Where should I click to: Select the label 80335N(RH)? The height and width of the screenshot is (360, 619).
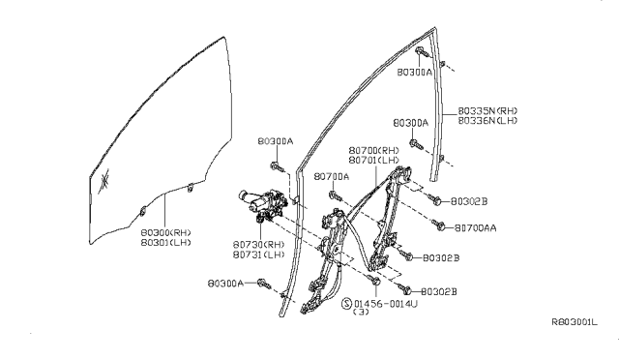pyautogui.click(x=486, y=111)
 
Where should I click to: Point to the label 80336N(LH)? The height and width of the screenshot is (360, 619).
pyautogui.click(x=486, y=122)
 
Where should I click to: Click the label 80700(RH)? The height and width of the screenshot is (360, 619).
pyautogui.click(x=373, y=151)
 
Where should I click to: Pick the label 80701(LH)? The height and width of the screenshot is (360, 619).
pyautogui.click(x=373, y=161)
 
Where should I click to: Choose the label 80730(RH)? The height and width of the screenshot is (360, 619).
pyautogui.click(x=258, y=244)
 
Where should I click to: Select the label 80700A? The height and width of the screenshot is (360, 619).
pyautogui.click(x=331, y=177)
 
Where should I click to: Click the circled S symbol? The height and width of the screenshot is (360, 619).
pyautogui.click(x=347, y=303)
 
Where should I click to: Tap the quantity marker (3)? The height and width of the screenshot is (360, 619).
pyautogui.click(x=361, y=313)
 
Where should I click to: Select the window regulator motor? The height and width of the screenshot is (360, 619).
pyautogui.click(x=256, y=202)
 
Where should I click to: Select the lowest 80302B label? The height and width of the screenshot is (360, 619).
pyautogui.click(x=439, y=291)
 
